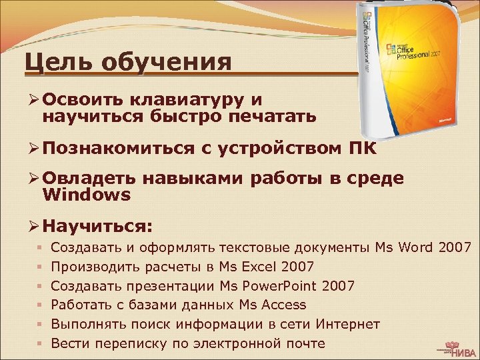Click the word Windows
[x=86, y=195]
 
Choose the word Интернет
[x=348, y=324]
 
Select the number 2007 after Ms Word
[x=455, y=248]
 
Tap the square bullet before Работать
[x=40, y=305]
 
